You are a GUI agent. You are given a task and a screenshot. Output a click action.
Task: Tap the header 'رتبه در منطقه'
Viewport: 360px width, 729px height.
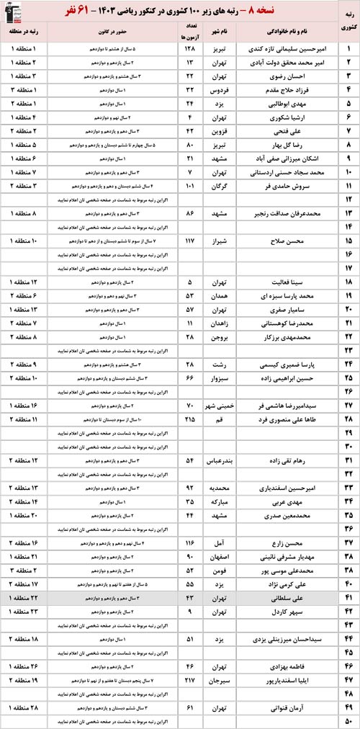(27, 32)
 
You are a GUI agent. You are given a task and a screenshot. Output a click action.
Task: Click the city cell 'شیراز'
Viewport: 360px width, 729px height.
(222, 241)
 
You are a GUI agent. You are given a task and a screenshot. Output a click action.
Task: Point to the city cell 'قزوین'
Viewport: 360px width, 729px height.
(221, 132)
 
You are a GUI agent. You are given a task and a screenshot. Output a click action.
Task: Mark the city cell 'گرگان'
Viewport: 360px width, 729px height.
(222, 187)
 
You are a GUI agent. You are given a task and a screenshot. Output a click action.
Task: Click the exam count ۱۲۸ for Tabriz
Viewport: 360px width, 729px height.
(191, 49)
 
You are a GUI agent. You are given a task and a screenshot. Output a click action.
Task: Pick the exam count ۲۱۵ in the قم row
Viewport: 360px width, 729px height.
(191, 419)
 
